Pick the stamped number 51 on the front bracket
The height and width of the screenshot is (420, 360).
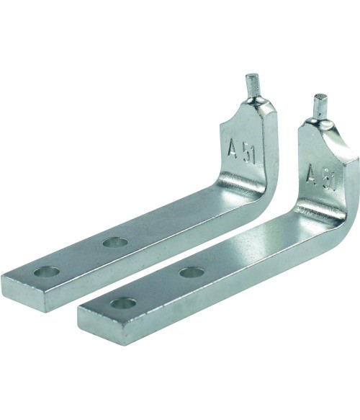pyautogui.click(x=329, y=182)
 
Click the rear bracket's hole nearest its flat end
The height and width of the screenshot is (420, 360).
pyautogui.click(x=47, y=272)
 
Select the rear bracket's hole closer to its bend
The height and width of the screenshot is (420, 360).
pyautogui.click(x=114, y=243)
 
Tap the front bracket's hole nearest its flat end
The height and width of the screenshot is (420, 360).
pyautogui.click(x=123, y=303)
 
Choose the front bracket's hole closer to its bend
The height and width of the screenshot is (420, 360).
pyautogui.click(x=192, y=273)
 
